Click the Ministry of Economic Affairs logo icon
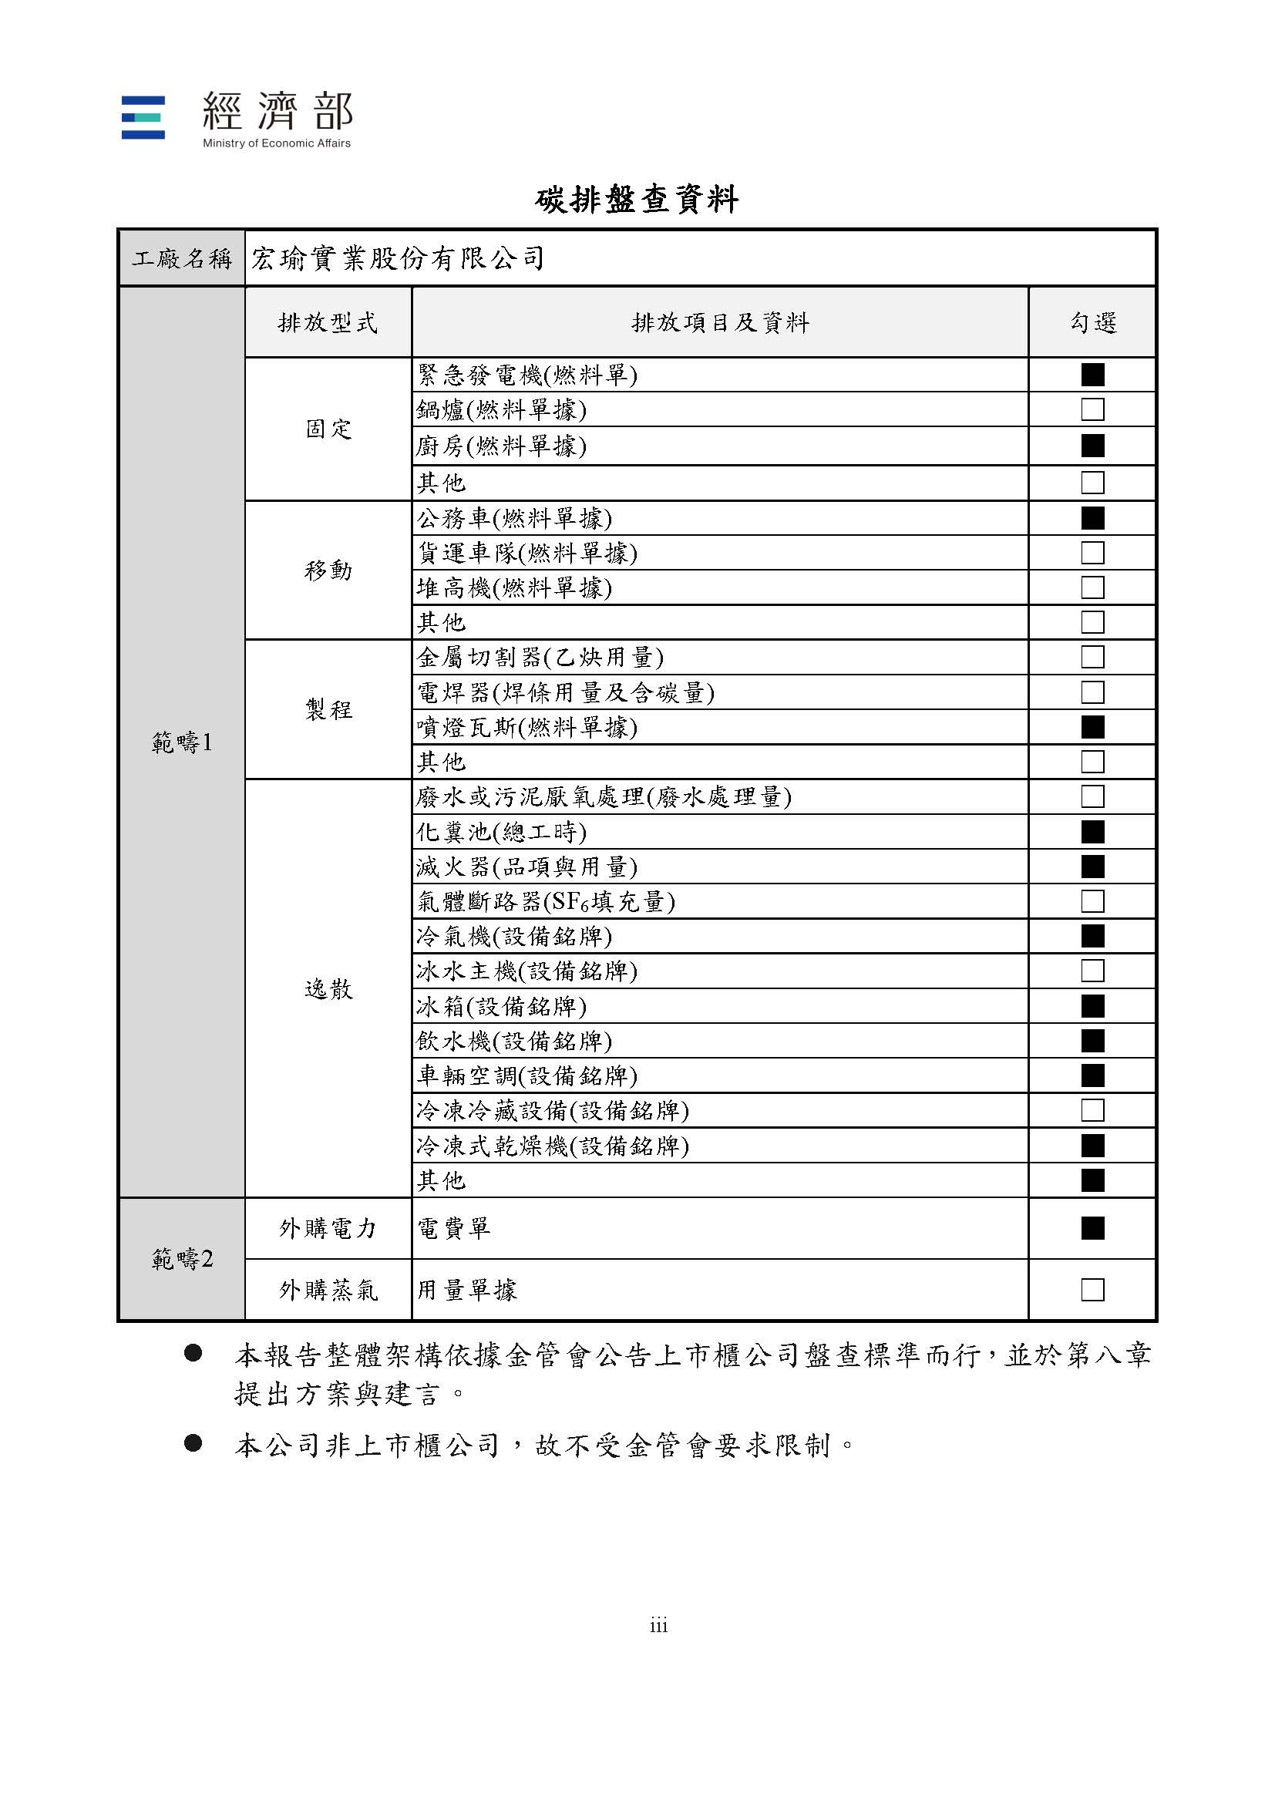tap(143, 118)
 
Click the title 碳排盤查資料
tap(637, 200)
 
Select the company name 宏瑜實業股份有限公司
tap(397, 258)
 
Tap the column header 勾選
tap(1092, 323)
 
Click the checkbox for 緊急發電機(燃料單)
tap(1092, 375)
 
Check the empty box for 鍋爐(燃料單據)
tap(1092, 410)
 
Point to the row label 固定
tap(328, 429)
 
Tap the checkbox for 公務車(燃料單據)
tap(1092, 518)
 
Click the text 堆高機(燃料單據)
tap(514, 588)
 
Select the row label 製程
tap(328, 710)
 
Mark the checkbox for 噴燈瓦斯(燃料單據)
tap(1092, 727)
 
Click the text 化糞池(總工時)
tap(502, 831)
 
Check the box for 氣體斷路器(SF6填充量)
tap(1092, 901)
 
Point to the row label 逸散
tap(328, 989)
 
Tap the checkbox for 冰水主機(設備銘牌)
tap(1092, 971)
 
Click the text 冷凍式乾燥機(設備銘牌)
tap(553, 1146)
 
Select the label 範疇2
tap(182, 1259)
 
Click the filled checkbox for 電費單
tap(1092, 1228)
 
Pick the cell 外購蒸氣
tap(328, 1290)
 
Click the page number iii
tap(658, 1626)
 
